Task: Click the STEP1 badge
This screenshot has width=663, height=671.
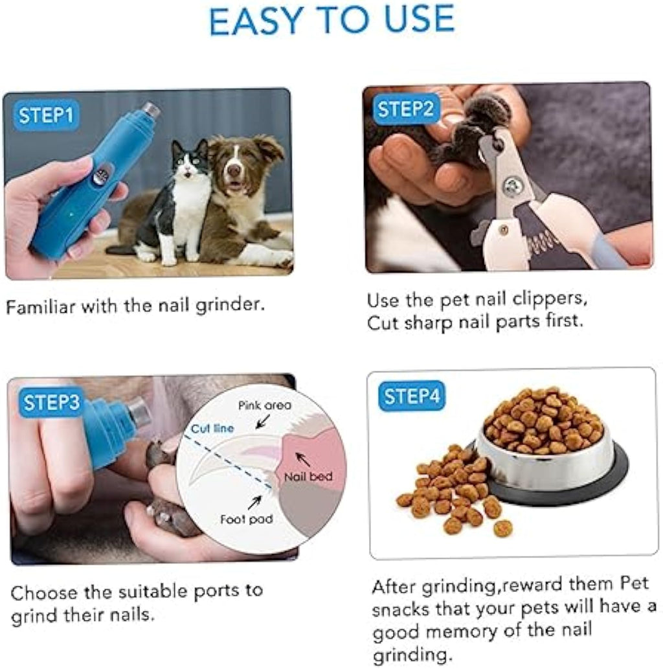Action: [x=45, y=116]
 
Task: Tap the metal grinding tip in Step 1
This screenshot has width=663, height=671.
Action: [x=152, y=110]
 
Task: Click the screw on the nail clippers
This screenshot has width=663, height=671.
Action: [x=513, y=187]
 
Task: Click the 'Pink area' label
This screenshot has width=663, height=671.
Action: [x=264, y=405]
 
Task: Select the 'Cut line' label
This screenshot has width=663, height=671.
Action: [x=212, y=429]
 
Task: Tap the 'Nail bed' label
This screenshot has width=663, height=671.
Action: [x=309, y=477]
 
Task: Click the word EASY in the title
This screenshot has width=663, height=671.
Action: [x=261, y=21]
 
